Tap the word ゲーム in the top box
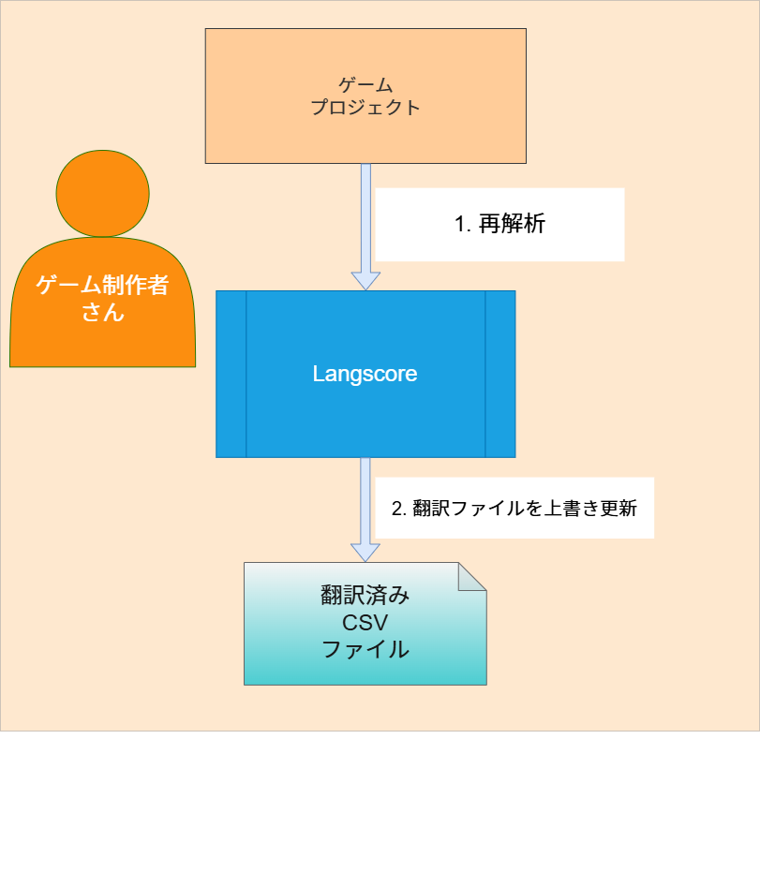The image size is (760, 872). [x=365, y=85]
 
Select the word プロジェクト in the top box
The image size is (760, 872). [x=365, y=107]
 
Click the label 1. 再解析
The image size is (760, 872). [x=499, y=225]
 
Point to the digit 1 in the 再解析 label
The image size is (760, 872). [x=460, y=225]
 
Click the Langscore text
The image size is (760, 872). [x=365, y=375]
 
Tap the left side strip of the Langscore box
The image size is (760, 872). [x=231, y=375]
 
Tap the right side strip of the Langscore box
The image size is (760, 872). [x=500, y=375]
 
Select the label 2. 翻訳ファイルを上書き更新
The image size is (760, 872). [x=514, y=509]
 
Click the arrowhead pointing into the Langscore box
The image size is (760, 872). [x=365, y=280]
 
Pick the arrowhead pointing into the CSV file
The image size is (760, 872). [x=365, y=551]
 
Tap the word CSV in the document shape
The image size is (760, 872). [x=365, y=623]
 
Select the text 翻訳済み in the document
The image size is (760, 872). [x=365, y=597]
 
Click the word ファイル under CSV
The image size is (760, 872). [x=365, y=649]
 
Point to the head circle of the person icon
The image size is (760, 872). [x=103, y=193]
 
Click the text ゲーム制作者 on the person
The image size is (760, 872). [x=103, y=286]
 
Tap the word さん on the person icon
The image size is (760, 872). [x=103, y=313]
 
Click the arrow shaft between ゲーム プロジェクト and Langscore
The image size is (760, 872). [x=365, y=215]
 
